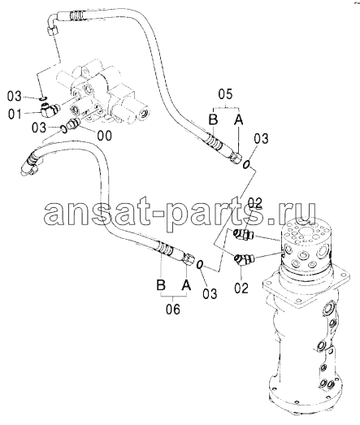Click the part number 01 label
pos(15,114)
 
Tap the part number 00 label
pos(104,136)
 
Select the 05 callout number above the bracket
pos(226,94)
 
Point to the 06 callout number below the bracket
pos(173,309)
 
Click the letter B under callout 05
pos(214,119)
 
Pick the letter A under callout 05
pos(239,119)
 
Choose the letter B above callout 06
pos(161,285)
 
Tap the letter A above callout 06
pos(186,285)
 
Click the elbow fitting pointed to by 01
pos(50,110)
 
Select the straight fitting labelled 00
pos(74,123)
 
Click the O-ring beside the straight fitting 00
pos(63,129)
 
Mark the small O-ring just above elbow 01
pos(44,98)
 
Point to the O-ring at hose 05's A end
pos(246,164)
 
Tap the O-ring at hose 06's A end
pos(200,265)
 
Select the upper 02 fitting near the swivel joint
pos(243,234)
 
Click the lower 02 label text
pos(241,288)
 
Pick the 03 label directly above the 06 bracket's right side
pos(210,294)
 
